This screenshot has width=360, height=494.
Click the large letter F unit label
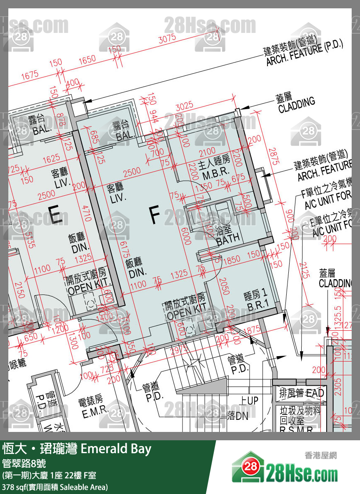coord(155,215)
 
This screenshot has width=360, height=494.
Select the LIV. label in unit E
coord(60,179)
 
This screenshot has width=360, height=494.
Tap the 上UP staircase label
coord(249,401)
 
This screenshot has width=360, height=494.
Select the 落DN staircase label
coord(238,415)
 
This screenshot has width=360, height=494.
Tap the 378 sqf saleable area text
coord(55,487)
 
